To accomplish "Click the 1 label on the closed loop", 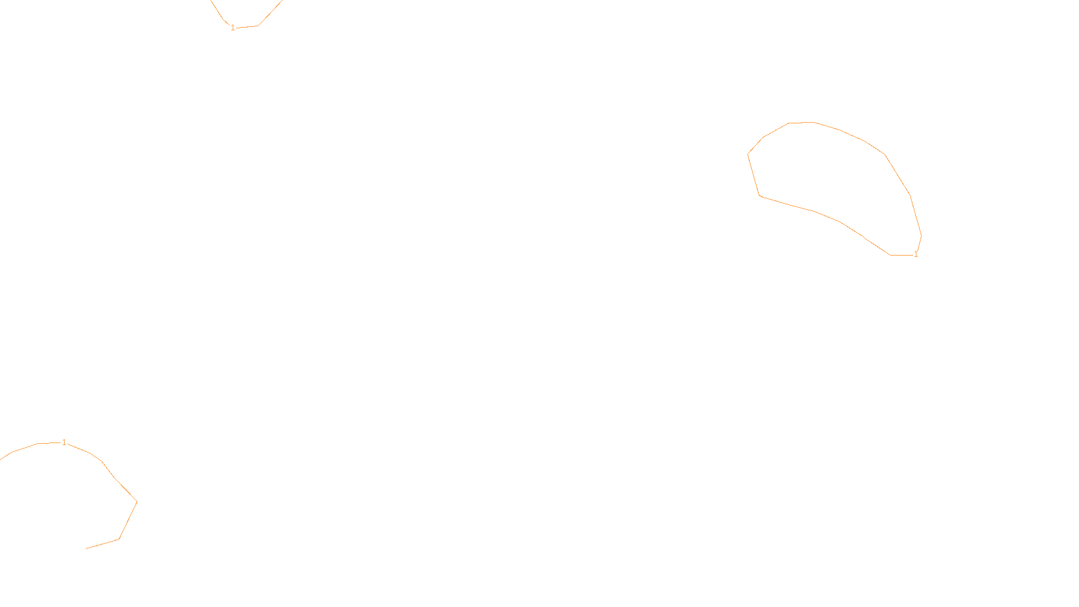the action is point(915,254).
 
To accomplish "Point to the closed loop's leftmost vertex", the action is point(748,154).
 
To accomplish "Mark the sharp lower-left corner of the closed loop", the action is point(760,196).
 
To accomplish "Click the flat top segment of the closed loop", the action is point(801,123).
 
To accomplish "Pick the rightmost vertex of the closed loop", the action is point(921,235).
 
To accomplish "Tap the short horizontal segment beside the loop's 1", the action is point(901,255).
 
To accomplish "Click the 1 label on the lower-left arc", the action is point(64,442).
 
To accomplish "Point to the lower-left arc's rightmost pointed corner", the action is point(137,501).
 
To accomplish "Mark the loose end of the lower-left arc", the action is point(86,548).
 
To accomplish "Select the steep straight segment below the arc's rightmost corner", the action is point(128,520).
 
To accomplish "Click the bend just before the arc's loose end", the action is point(119,539).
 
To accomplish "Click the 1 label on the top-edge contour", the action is point(233,28).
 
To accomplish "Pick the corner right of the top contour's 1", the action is point(258,26).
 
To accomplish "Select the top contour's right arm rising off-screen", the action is point(270,13).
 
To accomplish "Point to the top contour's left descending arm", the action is point(217,10).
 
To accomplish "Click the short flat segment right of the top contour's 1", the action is point(247,27).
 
